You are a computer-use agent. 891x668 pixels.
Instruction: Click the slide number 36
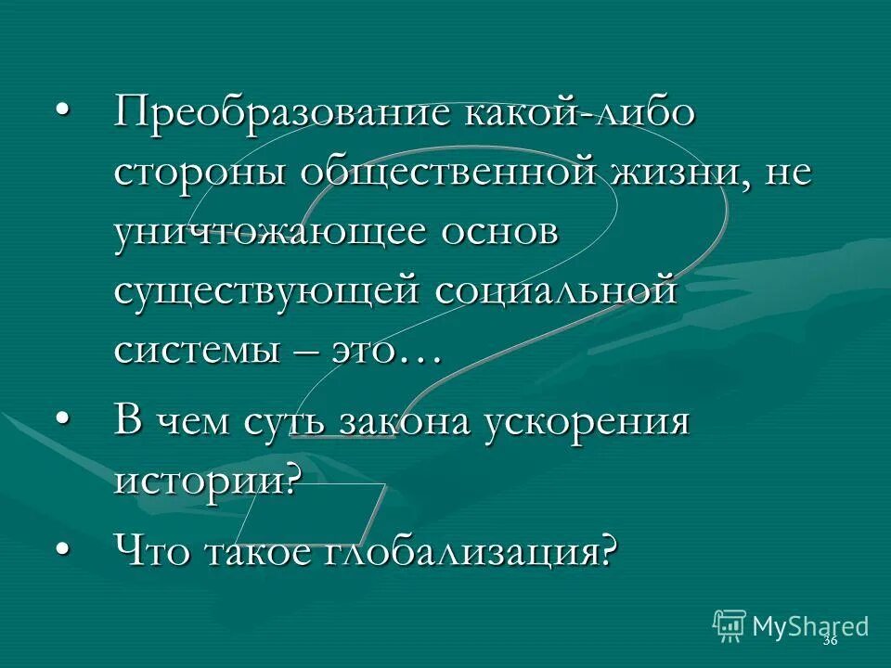[x=830, y=641]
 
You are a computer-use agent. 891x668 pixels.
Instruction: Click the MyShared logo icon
[x=730, y=625]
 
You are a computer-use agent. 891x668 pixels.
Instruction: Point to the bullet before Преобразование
[x=62, y=113]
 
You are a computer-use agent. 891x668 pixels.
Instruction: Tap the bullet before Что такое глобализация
[x=62, y=551]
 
